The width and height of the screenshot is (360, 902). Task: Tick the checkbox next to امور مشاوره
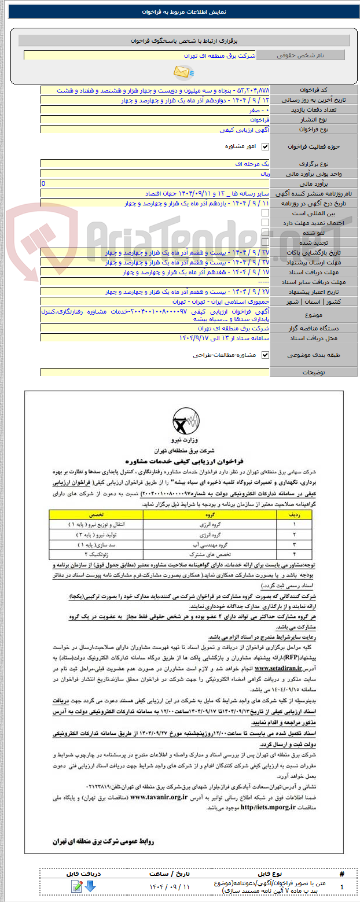[x=266, y=147]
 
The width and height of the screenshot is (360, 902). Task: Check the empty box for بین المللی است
[x=266, y=213]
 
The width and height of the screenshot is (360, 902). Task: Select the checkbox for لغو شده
[x=266, y=232]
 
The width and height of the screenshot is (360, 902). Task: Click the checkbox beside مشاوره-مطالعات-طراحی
[x=266, y=355]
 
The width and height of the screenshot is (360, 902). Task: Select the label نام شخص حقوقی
[x=300, y=56]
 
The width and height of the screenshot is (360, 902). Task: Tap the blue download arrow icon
[x=91, y=887]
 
